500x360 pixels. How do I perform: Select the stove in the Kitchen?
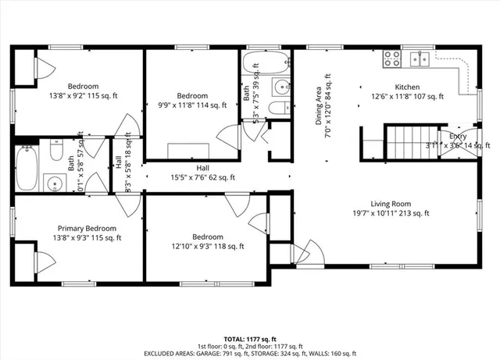[390, 59]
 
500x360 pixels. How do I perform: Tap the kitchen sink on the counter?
[423, 59]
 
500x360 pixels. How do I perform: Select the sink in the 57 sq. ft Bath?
[55, 184]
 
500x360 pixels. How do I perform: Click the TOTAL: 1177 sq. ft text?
[250, 332]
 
